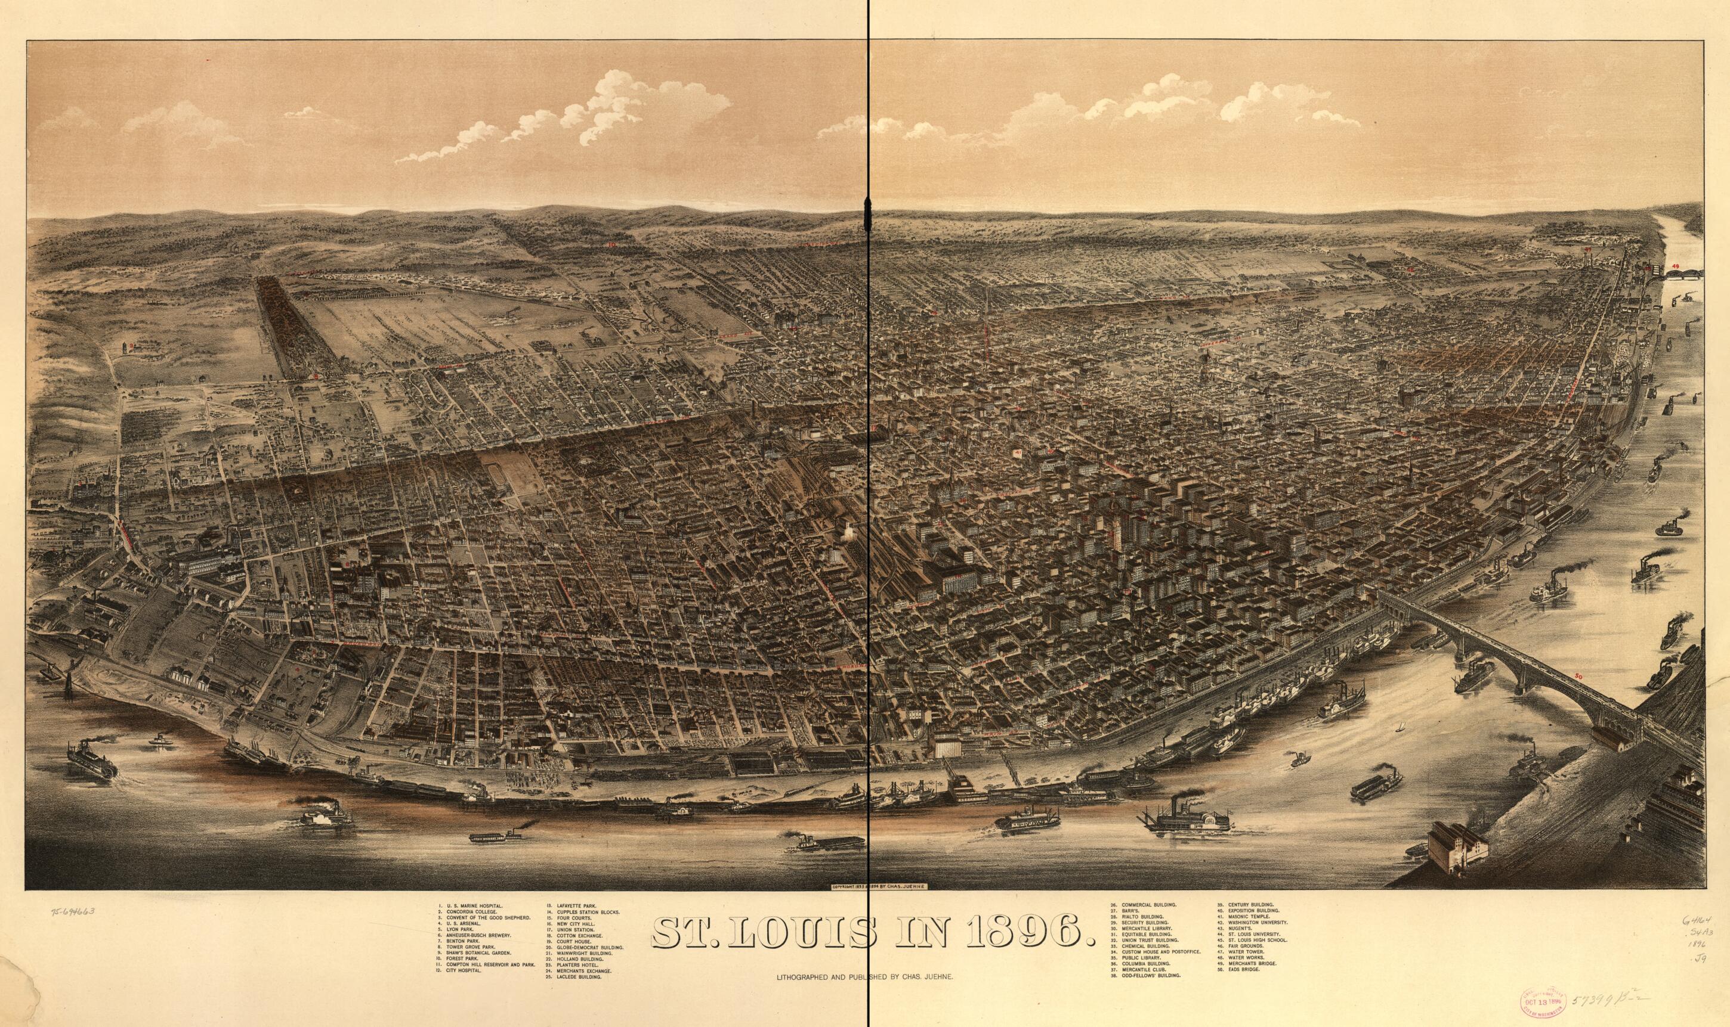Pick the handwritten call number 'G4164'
click(x=1692, y=920)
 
